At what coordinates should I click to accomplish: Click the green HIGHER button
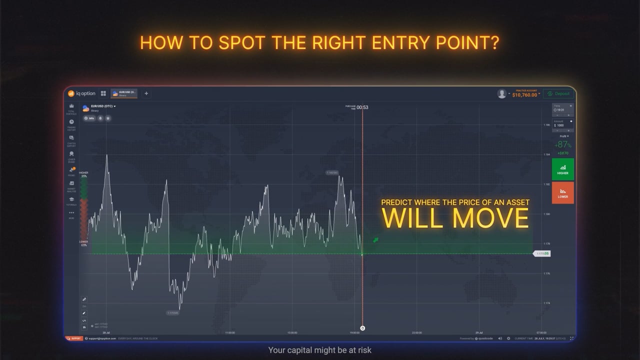tap(562, 169)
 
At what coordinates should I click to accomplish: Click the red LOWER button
tap(562, 192)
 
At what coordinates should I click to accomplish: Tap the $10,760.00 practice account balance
tap(524, 94)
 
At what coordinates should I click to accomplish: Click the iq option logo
tap(82, 93)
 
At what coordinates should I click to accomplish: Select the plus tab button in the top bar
tap(146, 93)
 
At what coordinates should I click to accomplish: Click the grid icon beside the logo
tap(103, 93)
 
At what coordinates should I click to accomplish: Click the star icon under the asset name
tap(108, 118)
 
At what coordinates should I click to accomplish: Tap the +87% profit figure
tap(562, 145)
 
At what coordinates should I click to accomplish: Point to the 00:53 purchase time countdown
tap(362, 107)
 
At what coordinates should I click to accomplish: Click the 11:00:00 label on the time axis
tap(230, 332)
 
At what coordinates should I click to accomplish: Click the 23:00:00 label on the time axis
tap(416, 332)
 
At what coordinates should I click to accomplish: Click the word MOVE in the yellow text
tap(491, 218)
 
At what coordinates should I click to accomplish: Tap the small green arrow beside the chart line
tap(375, 240)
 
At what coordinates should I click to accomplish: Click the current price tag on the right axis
tap(542, 254)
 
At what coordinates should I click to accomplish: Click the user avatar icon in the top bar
tap(501, 93)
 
